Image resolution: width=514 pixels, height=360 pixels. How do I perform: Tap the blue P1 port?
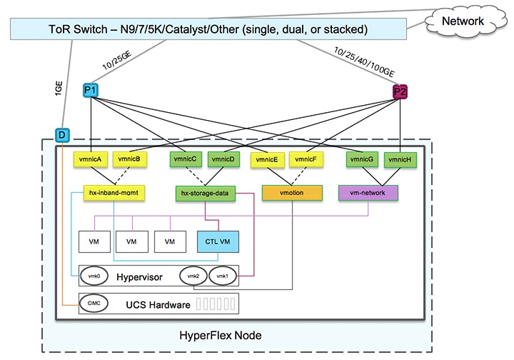(x=90, y=90)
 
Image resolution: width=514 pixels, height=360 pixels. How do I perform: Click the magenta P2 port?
(x=400, y=91)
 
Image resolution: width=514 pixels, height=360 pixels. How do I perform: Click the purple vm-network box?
(x=368, y=193)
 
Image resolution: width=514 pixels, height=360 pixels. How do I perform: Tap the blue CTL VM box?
(x=217, y=241)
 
